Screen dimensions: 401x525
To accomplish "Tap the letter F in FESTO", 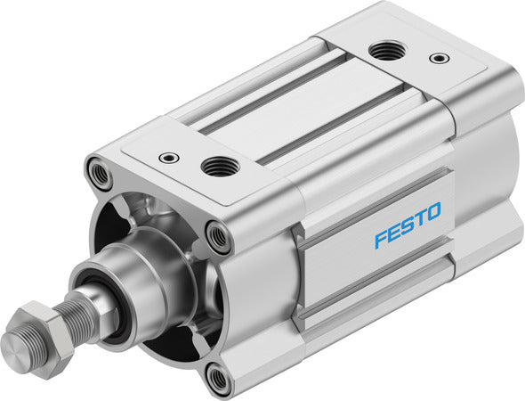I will tap(380, 239).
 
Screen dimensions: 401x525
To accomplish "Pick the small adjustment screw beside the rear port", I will tap(437, 59).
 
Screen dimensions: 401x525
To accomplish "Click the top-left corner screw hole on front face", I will tap(100, 171).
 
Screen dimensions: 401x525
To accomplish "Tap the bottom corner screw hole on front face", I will tap(217, 380).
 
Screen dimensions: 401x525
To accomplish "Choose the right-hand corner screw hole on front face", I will tap(218, 237).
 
